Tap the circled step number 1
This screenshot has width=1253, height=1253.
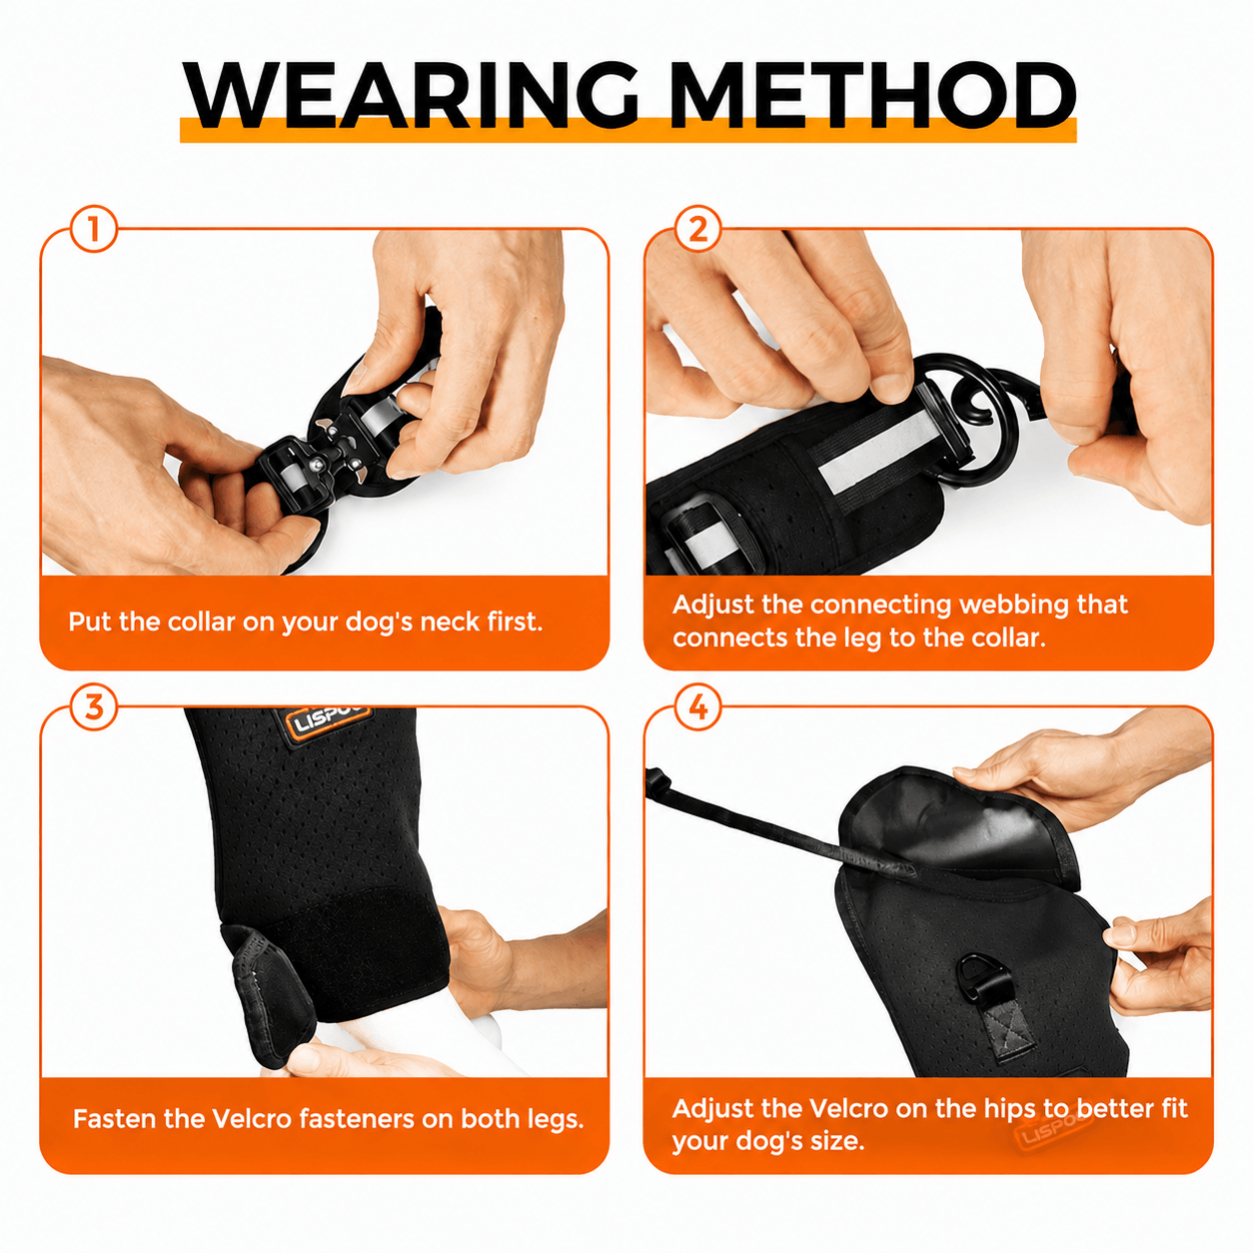coord(94,230)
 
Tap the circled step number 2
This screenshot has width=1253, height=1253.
coord(697,230)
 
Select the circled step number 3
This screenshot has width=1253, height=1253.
coord(94,706)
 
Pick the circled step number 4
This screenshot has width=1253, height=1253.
coord(697,706)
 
